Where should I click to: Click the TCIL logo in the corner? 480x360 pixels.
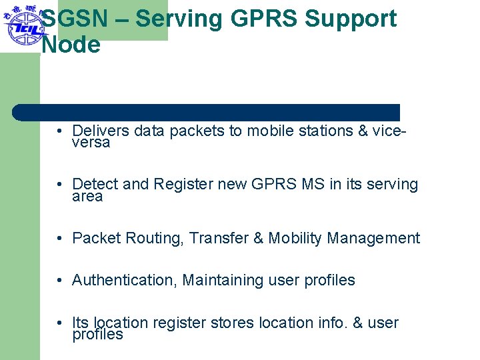[x=22, y=25]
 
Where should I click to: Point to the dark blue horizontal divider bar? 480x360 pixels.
[x=207, y=112]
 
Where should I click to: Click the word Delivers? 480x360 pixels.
[x=101, y=131]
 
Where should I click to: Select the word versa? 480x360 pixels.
[x=91, y=143]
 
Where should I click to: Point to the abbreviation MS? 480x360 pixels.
[x=313, y=184]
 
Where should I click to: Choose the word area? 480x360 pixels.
[x=87, y=197]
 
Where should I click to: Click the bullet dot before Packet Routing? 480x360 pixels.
[x=60, y=238]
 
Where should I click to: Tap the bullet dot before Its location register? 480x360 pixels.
[x=60, y=323]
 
